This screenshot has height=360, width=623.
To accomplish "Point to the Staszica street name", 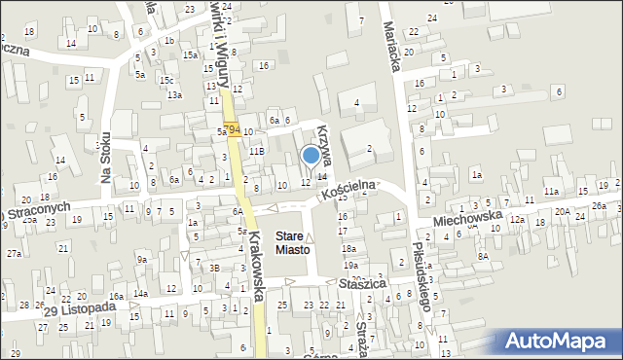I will (365, 283).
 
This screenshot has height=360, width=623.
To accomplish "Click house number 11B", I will (256, 152).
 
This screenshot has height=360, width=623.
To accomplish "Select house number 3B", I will (214, 269).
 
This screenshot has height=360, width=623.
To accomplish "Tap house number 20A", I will (563, 211).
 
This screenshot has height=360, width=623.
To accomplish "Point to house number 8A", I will (482, 256).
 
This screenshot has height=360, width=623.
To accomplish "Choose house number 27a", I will (15, 253).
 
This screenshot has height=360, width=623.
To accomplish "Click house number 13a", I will (174, 94).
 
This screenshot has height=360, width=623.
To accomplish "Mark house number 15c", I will (167, 80).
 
